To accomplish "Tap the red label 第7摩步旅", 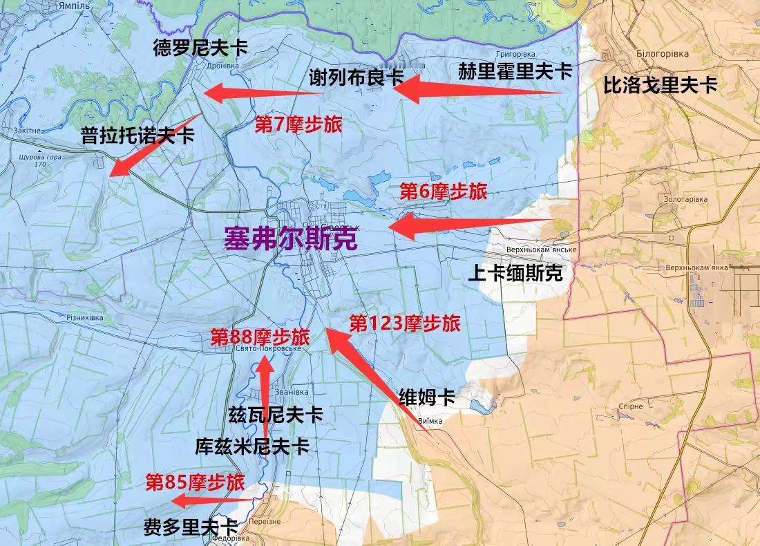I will click(298, 124).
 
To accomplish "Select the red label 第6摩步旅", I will click(443, 191).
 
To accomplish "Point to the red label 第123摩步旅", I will click(404, 323).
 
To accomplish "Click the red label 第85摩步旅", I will click(195, 482).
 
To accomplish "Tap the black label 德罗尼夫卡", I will click(200, 48).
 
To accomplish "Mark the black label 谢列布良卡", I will click(356, 77).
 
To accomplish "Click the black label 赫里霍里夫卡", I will click(515, 70).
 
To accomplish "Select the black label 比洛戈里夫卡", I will click(661, 85).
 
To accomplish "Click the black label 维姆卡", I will click(427, 397).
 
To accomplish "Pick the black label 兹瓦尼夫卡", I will click(275, 415).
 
